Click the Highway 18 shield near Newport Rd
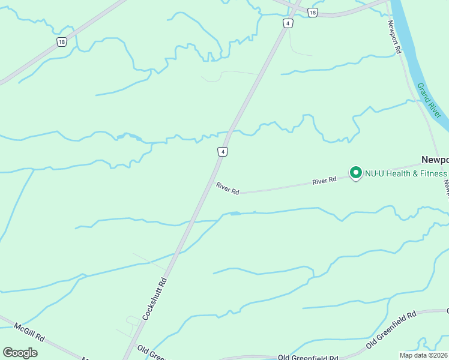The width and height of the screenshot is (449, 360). tap(312, 12)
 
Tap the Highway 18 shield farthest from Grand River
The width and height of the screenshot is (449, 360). tap(62, 41)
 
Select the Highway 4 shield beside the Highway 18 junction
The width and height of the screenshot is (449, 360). tap(289, 23)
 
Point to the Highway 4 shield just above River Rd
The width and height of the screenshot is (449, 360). tap(223, 152)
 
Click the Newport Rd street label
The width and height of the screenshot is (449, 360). tap(394, 37)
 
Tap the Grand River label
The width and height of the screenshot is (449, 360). tap(430, 100)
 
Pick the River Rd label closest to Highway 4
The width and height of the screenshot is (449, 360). tap(228, 189)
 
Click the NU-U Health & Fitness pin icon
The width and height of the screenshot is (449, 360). tap(355, 173)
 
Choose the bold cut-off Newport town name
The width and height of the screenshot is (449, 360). tap(435, 160)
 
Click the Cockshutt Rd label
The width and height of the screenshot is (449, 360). tap(154, 298)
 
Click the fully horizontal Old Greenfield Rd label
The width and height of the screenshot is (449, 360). tap(309, 356)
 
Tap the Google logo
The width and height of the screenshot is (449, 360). tap(20, 353)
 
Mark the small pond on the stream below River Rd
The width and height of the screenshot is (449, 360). tap(235, 213)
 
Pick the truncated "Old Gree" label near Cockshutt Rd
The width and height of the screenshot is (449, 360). tap(151, 352)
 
